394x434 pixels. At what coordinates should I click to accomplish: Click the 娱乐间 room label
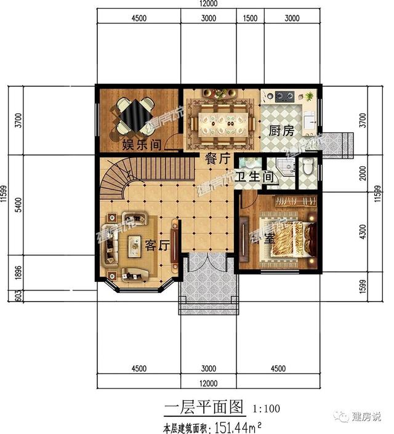click(142, 145)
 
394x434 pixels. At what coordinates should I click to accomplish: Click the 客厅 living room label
click(157, 245)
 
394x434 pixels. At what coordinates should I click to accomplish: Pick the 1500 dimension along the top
click(250, 18)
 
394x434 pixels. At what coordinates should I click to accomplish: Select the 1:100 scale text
click(265, 408)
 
